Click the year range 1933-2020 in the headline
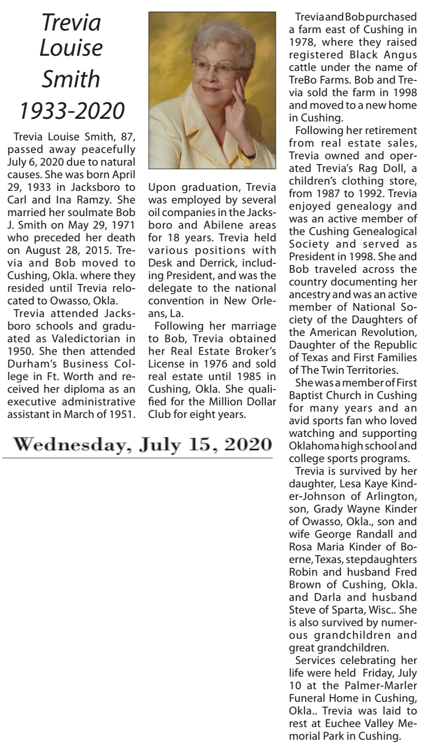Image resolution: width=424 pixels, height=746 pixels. (71, 111)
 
